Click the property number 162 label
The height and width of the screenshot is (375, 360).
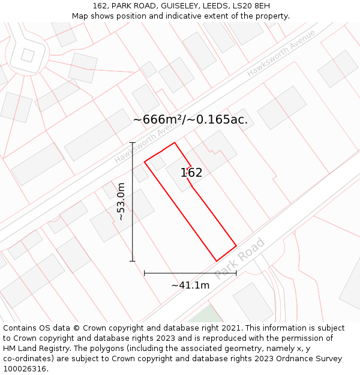point(191,173)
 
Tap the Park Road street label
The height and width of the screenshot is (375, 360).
point(239,259)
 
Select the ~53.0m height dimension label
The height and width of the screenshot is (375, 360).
point(121,202)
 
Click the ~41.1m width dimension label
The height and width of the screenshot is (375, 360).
point(190,286)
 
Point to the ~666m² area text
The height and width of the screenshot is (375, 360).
point(158,119)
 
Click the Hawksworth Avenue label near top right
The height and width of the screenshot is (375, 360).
point(281,53)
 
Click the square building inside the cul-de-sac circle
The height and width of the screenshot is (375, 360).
point(28,55)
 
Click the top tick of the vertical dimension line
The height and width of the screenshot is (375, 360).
point(133,142)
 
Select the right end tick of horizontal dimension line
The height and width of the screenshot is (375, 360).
point(236,273)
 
